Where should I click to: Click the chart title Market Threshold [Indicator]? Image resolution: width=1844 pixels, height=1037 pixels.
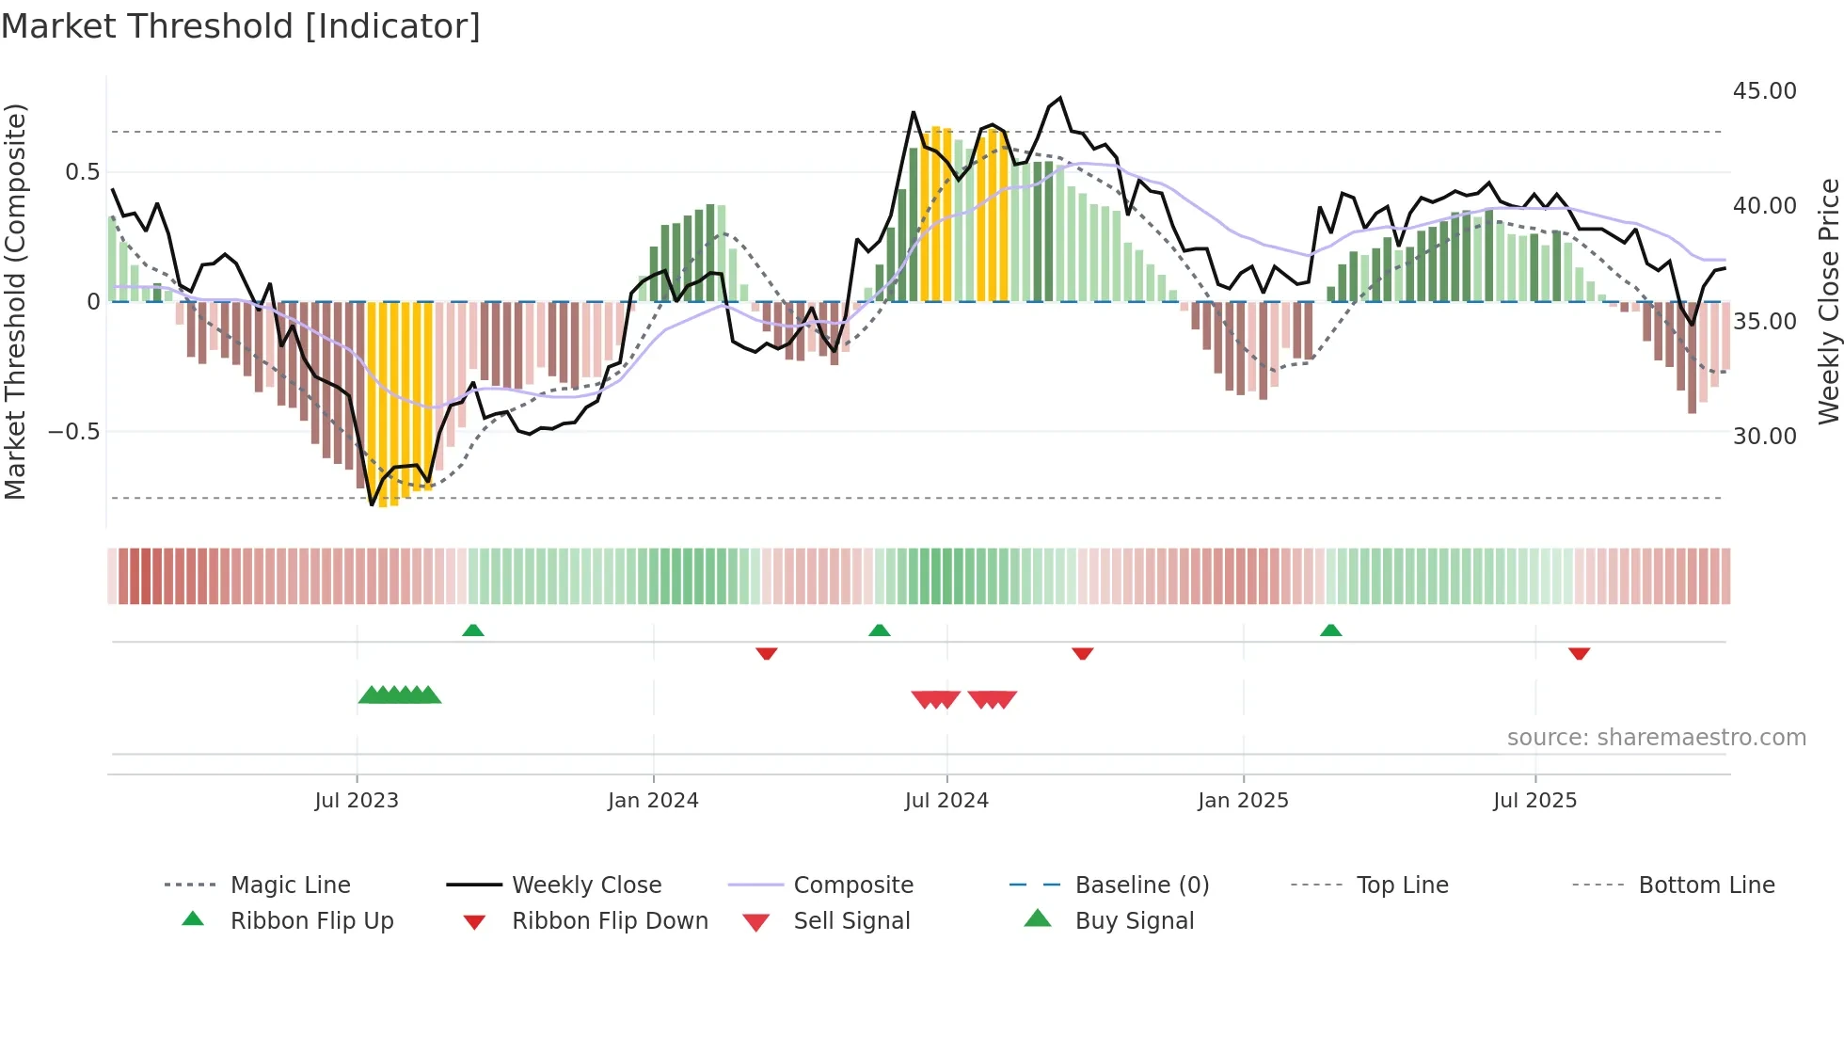(241, 26)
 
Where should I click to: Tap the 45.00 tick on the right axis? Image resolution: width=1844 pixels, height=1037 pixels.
(1764, 91)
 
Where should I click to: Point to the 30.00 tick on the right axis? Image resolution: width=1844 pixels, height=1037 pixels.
(1764, 437)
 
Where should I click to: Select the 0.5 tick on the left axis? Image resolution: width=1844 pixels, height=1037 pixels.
(82, 172)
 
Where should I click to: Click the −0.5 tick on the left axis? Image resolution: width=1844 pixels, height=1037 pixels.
(73, 432)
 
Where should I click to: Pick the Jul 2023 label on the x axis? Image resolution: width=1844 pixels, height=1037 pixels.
(357, 801)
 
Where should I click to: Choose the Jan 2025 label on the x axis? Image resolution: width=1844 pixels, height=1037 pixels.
(1243, 801)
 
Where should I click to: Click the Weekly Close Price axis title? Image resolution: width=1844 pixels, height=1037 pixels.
(1828, 301)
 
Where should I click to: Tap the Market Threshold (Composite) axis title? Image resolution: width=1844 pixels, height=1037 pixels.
(15, 301)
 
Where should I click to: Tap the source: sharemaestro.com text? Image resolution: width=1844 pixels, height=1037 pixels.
(1656, 738)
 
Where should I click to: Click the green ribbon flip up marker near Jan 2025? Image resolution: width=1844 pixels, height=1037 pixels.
(1330, 630)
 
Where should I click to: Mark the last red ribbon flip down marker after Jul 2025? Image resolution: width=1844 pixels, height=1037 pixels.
(1579, 653)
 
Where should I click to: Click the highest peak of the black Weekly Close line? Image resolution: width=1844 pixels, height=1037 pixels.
(1060, 98)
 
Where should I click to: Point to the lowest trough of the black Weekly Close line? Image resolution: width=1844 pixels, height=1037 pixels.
(372, 504)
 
